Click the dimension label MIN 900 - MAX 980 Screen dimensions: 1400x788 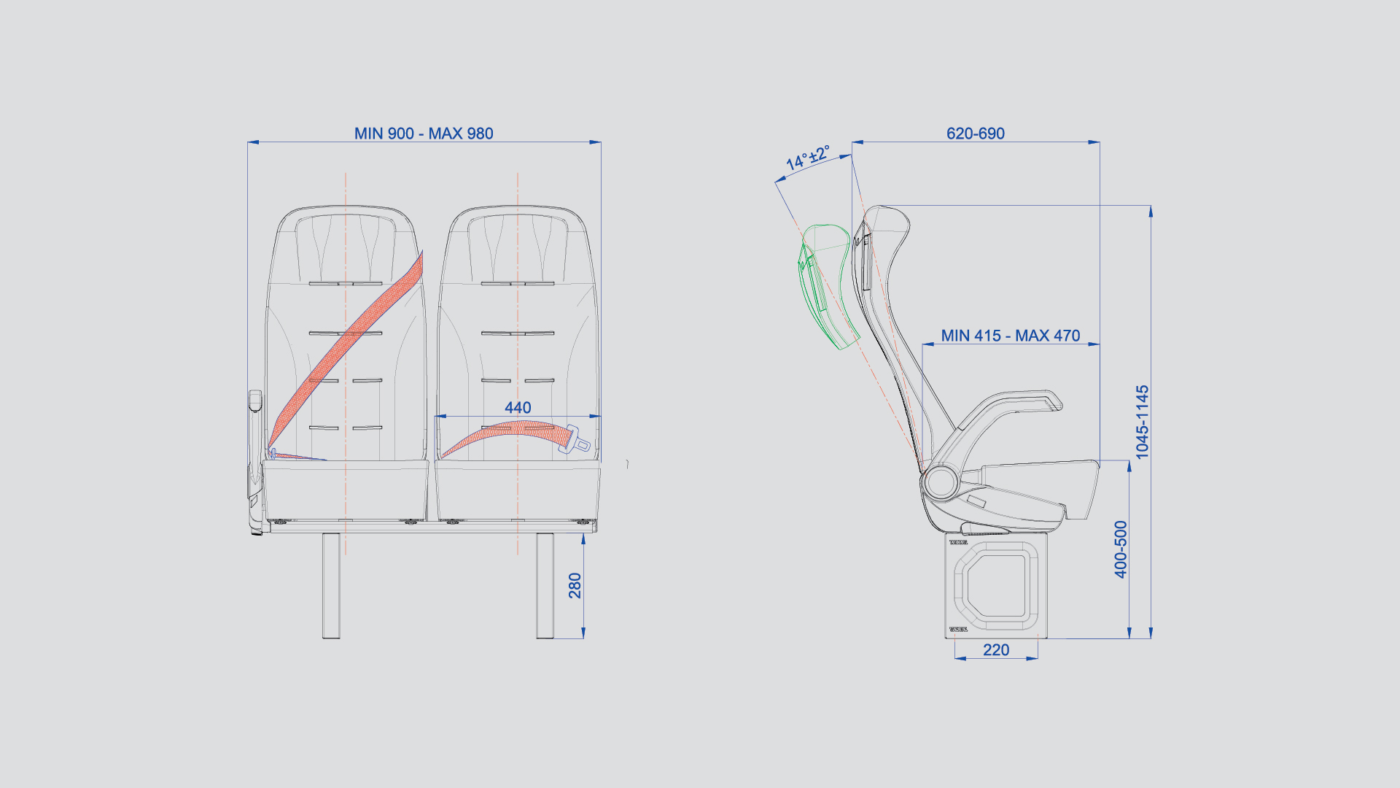coord(424,134)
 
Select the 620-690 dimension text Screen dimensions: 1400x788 coord(976,134)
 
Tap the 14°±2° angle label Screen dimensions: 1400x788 coord(807,158)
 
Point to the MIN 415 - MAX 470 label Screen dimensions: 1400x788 coord(1011,336)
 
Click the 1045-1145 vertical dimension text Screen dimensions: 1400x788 coord(1143,422)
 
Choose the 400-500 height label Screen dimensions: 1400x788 coord(1121,549)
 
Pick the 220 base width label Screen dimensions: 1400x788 coord(996,650)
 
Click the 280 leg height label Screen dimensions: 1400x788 coord(575,586)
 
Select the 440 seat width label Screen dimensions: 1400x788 coord(518,408)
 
